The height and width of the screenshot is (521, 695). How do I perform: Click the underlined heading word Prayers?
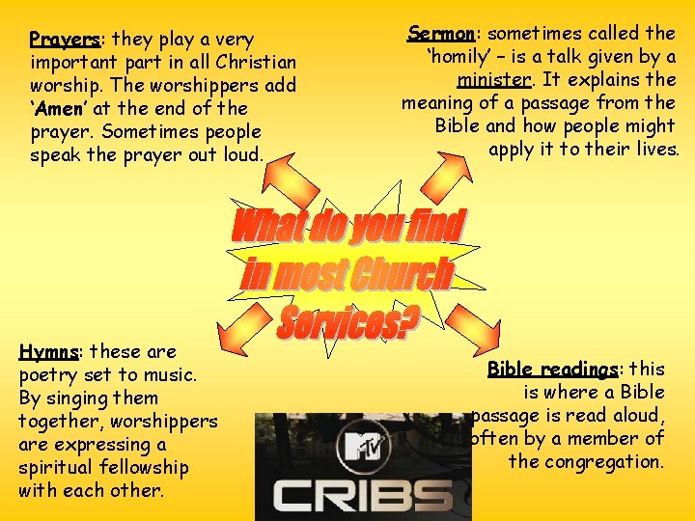coord(65,40)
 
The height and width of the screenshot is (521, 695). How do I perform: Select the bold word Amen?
coord(60,109)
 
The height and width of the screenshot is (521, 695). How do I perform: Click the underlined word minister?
coord(494,80)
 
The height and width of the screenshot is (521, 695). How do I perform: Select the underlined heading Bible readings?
coord(553,370)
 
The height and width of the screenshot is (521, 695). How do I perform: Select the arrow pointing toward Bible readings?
coord(459,333)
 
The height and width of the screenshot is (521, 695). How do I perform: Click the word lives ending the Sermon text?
coord(655,150)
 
